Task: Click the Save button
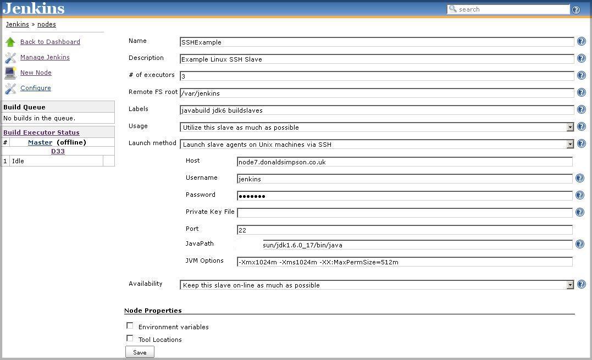point(140,352)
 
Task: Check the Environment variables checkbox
point(130,326)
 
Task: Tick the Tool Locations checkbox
point(130,339)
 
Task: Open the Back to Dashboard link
point(50,42)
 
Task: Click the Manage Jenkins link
point(45,57)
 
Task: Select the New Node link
point(36,73)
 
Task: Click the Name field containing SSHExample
point(377,42)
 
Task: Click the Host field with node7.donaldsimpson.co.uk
point(404,162)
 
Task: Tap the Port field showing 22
point(404,230)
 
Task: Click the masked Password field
point(404,196)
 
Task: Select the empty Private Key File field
point(404,213)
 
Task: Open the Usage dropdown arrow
point(570,127)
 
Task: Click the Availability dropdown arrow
point(570,285)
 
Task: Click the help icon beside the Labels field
point(581,110)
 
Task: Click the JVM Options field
point(404,262)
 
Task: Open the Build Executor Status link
point(41,132)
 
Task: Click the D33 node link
point(58,151)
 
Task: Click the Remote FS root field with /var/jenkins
point(377,93)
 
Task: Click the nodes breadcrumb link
point(46,24)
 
